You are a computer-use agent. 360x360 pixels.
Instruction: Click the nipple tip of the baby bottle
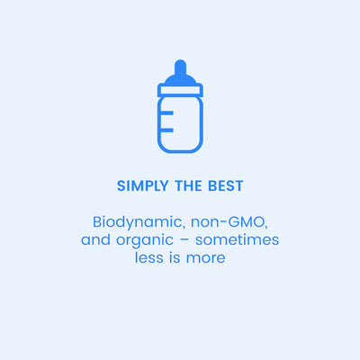[x=180, y=66]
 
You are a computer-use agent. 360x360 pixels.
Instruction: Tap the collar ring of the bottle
[x=180, y=90]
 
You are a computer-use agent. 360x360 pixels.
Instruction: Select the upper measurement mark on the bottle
[x=166, y=112]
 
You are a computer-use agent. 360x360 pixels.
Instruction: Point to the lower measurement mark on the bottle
[x=166, y=130]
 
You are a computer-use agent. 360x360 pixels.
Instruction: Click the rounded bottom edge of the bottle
[x=180, y=150]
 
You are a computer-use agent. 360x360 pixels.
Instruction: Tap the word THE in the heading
[x=187, y=186]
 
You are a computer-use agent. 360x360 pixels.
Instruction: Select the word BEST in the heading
[x=225, y=186]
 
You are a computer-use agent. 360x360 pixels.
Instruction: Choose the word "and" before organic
[x=94, y=240]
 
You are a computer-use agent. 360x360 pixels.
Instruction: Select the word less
[x=148, y=258]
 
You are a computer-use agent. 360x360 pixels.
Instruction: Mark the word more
[x=207, y=259]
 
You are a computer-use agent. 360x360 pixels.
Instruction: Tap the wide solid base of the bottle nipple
[x=180, y=79]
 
